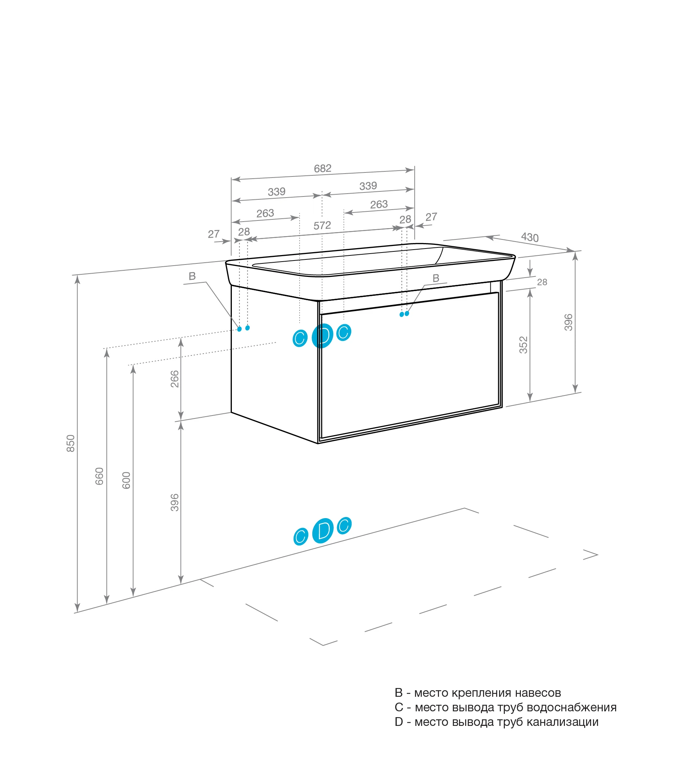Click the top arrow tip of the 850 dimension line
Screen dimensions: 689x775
click(78, 276)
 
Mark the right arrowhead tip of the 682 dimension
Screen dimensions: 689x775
click(414, 170)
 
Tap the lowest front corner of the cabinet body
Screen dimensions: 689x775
click(318, 443)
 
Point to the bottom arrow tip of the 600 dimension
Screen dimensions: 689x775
click(133, 596)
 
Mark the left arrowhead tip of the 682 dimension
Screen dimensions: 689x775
click(232, 179)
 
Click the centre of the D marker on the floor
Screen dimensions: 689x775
click(323, 530)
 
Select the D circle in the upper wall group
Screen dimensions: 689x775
click(322, 335)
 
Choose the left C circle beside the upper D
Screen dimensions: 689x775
click(300, 338)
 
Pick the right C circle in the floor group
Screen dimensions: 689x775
click(344, 525)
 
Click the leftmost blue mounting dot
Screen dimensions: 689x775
click(239, 329)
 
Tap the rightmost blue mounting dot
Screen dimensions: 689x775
click(407, 314)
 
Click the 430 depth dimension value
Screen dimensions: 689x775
click(530, 237)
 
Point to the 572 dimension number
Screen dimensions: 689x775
click(322, 226)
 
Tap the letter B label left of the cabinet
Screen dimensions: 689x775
click(192, 276)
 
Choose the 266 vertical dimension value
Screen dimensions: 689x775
click(174, 379)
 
